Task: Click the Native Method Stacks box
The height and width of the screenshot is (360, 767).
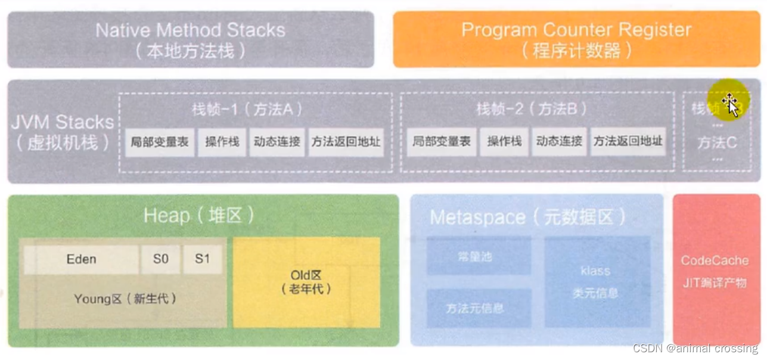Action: (x=191, y=39)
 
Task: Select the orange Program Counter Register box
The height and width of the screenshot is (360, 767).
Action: (x=576, y=39)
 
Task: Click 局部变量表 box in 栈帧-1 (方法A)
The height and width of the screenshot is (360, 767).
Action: (x=160, y=142)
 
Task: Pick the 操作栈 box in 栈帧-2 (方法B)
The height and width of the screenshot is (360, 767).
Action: (x=504, y=142)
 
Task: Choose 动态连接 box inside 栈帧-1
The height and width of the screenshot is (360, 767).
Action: (x=277, y=142)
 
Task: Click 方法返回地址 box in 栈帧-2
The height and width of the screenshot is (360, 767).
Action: (x=628, y=142)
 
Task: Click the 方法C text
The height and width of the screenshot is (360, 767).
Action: (x=718, y=143)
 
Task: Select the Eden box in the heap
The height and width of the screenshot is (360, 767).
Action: (x=81, y=259)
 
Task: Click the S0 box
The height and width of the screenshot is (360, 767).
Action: (x=161, y=259)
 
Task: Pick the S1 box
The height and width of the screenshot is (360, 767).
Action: (x=203, y=259)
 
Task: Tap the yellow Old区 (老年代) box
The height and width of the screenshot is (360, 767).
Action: (x=306, y=282)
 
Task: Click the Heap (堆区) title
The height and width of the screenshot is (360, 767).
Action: (x=199, y=215)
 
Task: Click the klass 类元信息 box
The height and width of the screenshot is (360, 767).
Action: (x=597, y=281)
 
